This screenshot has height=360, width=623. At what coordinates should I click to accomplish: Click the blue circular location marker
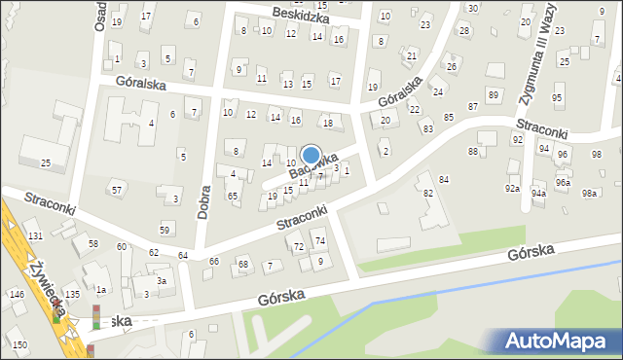tap(311, 155)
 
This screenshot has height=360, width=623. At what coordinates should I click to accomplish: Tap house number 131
tap(35, 236)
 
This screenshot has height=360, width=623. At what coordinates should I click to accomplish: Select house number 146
tap(17, 294)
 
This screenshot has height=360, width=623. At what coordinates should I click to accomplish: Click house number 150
tap(19, 345)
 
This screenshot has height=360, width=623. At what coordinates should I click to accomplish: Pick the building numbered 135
tap(72, 294)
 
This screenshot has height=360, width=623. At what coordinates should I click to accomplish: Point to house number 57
tap(117, 189)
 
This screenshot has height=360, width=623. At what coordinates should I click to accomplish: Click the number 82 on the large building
tap(426, 194)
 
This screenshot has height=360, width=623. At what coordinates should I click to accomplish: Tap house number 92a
tap(512, 188)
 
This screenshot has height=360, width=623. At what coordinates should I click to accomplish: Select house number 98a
tap(589, 193)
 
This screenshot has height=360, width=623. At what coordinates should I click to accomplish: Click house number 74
tap(319, 240)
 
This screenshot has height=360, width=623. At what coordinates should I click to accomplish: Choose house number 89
tap(494, 94)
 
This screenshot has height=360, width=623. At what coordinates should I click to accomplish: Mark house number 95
tap(557, 98)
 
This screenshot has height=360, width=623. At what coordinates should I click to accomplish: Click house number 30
tap(472, 8)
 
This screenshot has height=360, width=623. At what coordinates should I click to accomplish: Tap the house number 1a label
tap(100, 290)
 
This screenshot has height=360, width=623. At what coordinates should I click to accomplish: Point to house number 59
tap(165, 230)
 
